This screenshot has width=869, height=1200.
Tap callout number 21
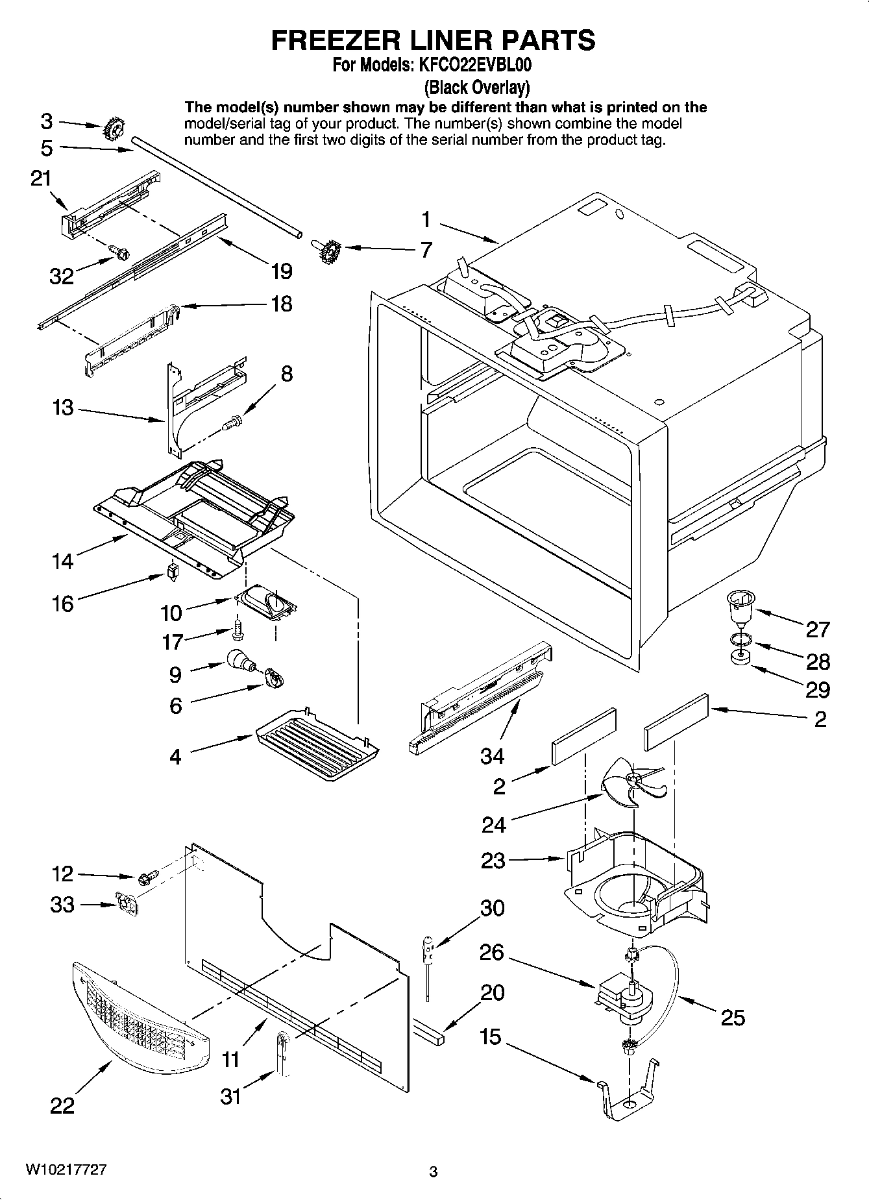click(x=41, y=178)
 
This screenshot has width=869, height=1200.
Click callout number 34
click(x=493, y=756)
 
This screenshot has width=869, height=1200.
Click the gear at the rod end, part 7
click(x=330, y=249)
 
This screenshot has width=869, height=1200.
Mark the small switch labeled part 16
click(x=172, y=572)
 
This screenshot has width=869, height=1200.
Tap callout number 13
click(x=63, y=408)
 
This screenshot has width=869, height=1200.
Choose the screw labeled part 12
click(x=145, y=878)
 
